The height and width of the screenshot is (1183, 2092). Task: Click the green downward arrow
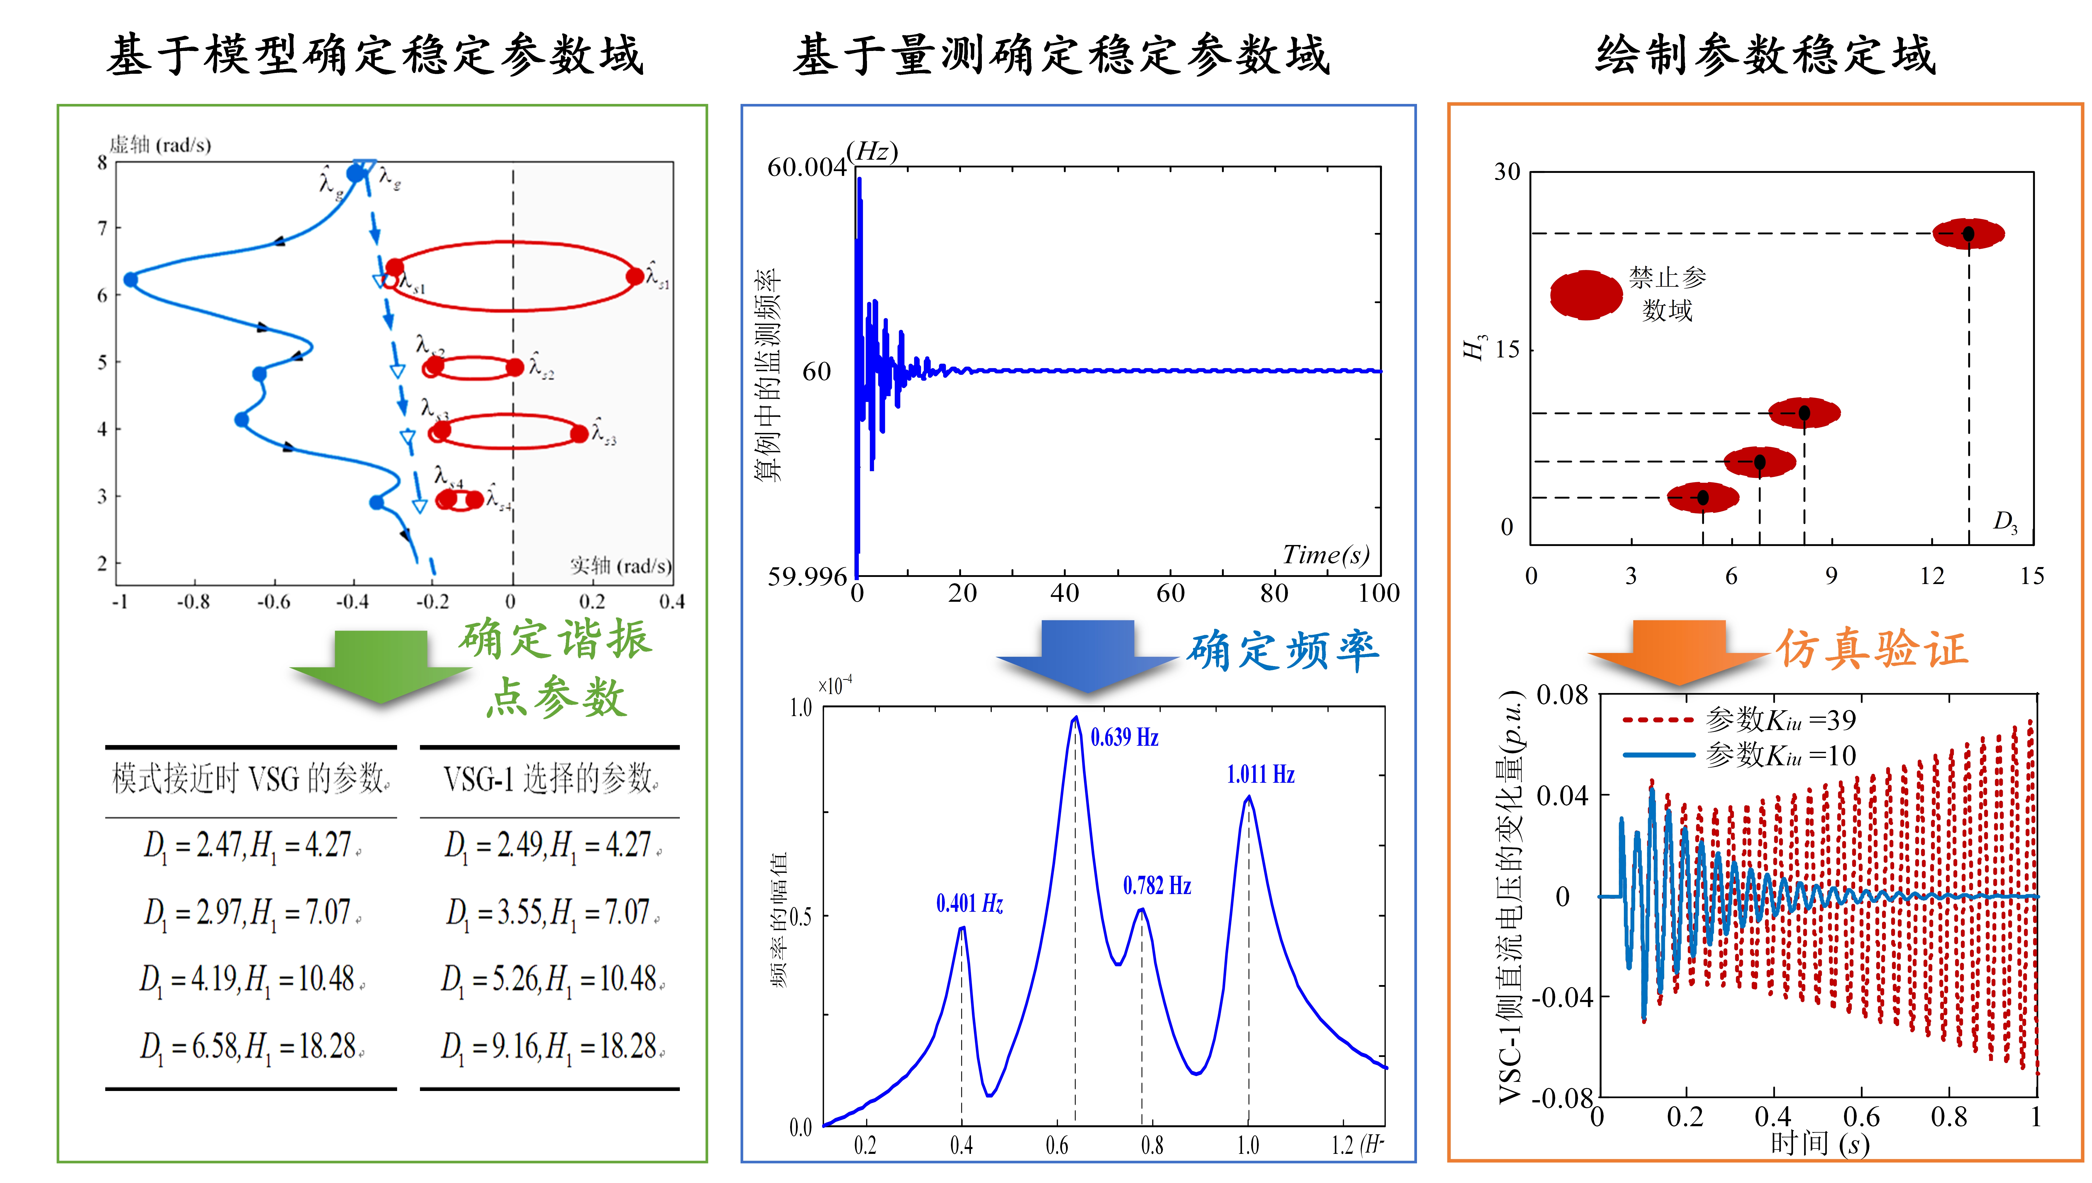(380, 665)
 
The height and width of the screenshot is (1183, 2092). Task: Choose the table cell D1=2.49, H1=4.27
(550, 845)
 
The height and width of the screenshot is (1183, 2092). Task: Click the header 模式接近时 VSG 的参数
(250, 778)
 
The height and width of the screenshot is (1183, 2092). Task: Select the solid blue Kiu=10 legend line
(1658, 755)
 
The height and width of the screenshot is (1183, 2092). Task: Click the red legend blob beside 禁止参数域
(1586, 295)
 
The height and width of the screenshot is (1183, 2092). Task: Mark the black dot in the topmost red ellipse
(1968, 234)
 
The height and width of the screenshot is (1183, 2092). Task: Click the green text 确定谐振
(555, 639)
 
